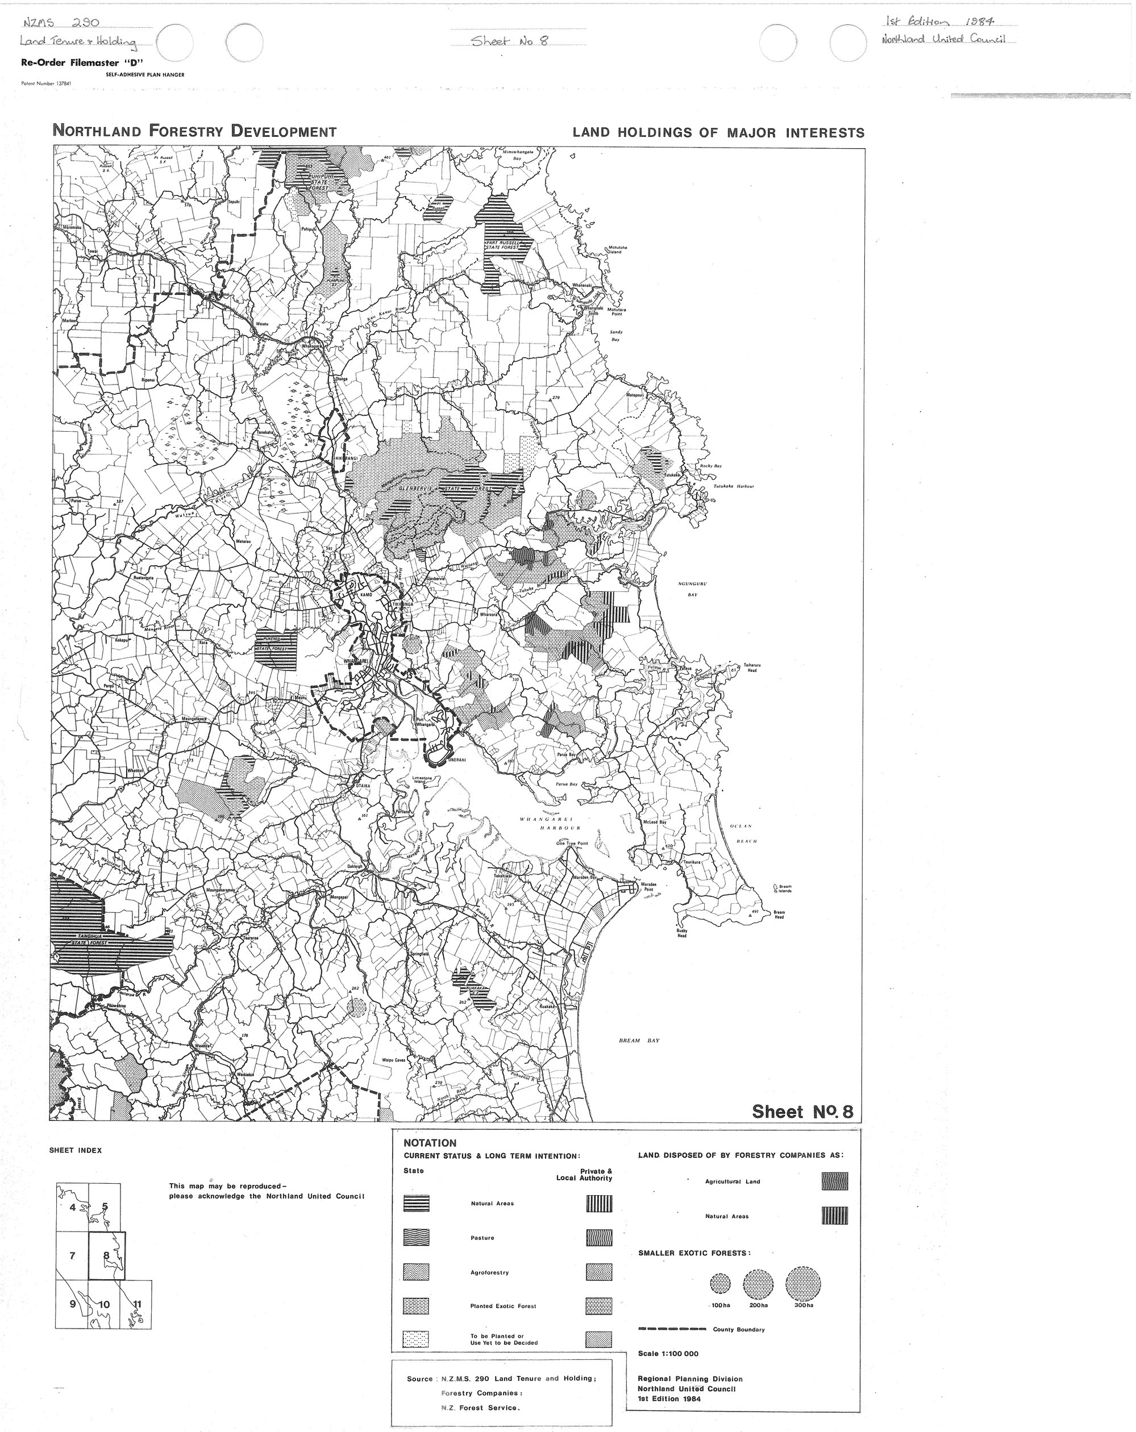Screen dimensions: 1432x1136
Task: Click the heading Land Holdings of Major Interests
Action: [x=718, y=132]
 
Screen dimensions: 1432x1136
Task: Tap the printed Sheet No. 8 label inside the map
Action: [x=802, y=1111]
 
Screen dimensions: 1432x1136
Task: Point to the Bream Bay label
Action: [x=638, y=1041]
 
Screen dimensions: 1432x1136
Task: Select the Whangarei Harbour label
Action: [x=551, y=824]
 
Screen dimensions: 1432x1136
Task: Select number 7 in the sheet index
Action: [x=72, y=1255]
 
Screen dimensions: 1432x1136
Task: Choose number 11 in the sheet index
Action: [x=138, y=1304]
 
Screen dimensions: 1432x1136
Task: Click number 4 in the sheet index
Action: [x=72, y=1207]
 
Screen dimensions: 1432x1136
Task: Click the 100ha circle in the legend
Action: [x=720, y=1284]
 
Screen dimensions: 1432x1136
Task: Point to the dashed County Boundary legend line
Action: [x=672, y=1329]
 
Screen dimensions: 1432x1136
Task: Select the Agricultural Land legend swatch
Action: [x=834, y=1181]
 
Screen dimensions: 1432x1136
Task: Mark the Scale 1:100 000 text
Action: [x=668, y=1354]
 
